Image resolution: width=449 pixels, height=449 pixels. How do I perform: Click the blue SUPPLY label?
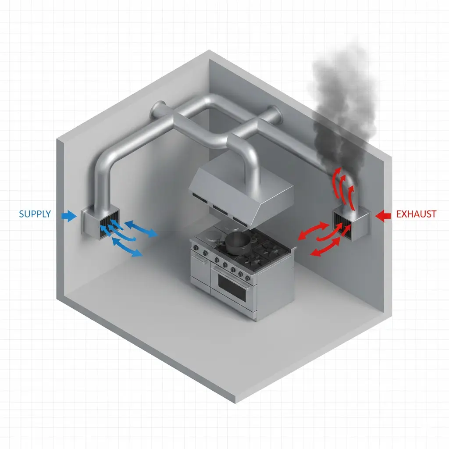click(35, 214)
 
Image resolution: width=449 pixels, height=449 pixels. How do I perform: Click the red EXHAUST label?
click(416, 214)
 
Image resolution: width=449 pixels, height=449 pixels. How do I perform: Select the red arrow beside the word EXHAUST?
click(383, 214)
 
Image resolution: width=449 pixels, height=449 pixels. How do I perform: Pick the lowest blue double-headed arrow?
click(127, 247)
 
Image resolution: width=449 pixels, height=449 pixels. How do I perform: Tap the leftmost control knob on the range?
click(194, 247)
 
